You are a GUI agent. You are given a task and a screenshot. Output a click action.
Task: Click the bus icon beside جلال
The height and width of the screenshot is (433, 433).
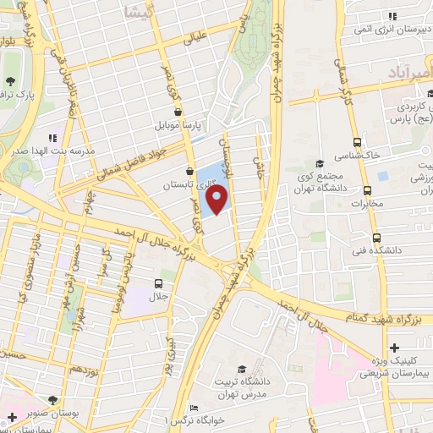pos(158,283)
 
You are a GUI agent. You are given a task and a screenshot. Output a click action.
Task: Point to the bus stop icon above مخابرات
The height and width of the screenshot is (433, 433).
pos(367,190)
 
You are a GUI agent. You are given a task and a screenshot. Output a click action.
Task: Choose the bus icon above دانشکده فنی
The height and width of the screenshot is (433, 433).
pos(377,238)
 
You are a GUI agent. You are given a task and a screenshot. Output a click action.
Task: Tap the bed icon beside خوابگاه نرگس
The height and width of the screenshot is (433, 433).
pos(193,407)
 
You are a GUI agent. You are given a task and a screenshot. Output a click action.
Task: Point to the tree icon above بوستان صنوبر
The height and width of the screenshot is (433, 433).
pos(52,399)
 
